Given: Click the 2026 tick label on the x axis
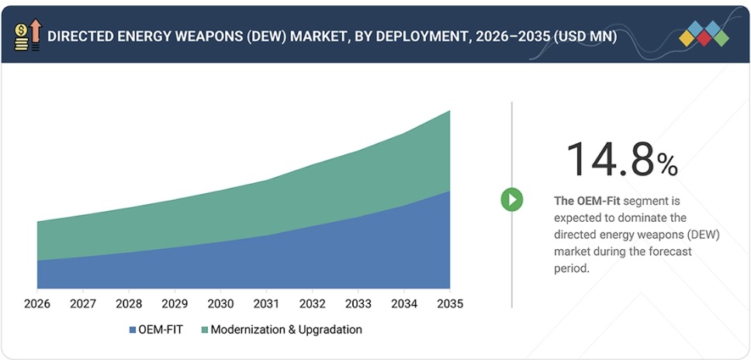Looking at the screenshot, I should point(36,303).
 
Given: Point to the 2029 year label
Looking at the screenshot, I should point(175,303).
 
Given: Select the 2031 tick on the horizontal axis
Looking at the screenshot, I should point(266,303).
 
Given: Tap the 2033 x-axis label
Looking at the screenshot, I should point(358,303).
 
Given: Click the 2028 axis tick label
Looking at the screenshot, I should point(129,303).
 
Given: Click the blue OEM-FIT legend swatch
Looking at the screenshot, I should point(133,330).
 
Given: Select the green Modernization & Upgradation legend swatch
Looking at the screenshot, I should point(204,330).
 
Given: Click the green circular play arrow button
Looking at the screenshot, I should point(511,199).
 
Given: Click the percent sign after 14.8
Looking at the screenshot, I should point(667,164).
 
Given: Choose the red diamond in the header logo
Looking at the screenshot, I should point(704,37).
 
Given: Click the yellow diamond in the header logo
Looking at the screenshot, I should point(687,37).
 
